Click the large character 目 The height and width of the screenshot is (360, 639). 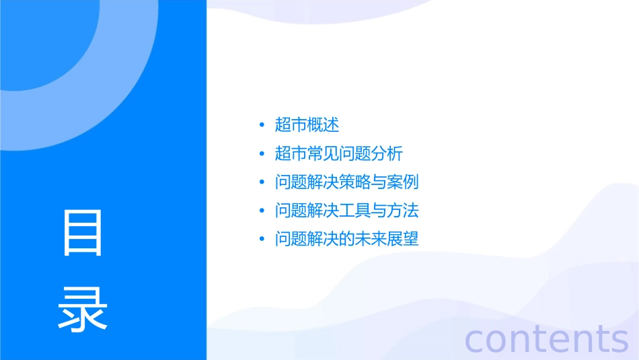pyautogui.click(x=83, y=233)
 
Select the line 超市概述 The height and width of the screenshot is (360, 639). pyautogui.click(x=307, y=124)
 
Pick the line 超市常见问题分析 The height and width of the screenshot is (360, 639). pyautogui.click(x=339, y=153)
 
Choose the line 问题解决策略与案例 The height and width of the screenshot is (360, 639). pyautogui.click(x=347, y=182)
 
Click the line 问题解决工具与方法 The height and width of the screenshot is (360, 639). pyautogui.click(x=347, y=211)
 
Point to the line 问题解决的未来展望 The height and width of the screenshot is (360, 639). pyautogui.click(x=347, y=240)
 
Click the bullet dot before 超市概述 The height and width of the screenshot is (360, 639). pyautogui.click(x=262, y=125)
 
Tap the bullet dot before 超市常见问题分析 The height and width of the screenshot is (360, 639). pyautogui.click(x=262, y=154)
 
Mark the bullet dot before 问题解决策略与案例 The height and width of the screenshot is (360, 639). pyautogui.click(x=262, y=183)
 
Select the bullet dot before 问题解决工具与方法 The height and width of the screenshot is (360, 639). pyautogui.click(x=262, y=211)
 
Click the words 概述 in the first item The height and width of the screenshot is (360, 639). pyautogui.click(x=323, y=124)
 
